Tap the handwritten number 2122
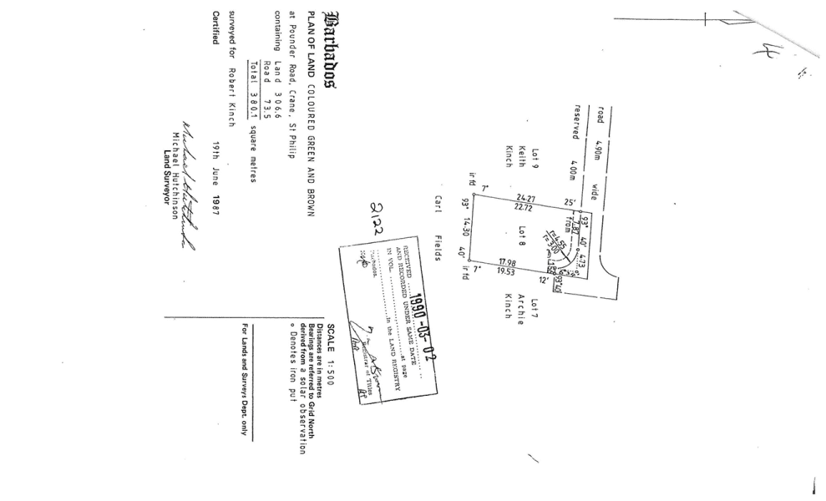pyautogui.click(x=378, y=216)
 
